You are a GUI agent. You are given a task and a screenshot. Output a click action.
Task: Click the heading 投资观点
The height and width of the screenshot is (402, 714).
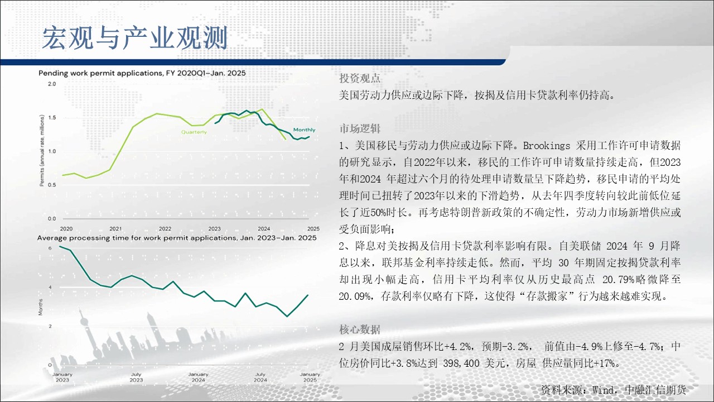pyautogui.click(x=360, y=78)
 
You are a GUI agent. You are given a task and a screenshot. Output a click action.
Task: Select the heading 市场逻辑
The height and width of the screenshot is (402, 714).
pyautogui.click(x=360, y=128)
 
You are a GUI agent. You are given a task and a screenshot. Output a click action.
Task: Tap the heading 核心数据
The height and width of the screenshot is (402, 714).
pyautogui.click(x=360, y=329)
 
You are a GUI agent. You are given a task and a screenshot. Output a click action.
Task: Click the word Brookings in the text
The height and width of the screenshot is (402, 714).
pyautogui.click(x=546, y=146)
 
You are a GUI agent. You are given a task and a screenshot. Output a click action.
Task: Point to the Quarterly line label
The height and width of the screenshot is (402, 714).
pyautogui.click(x=194, y=132)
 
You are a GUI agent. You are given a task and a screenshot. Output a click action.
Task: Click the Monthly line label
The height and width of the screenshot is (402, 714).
pyautogui.click(x=304, y=130)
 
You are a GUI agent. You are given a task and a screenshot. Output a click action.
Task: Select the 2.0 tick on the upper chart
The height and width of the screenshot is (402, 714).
pyautogui.click(x=52, y=84)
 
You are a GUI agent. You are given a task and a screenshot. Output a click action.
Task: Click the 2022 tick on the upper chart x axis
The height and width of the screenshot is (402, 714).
pyautogui.click(x=165, y=229)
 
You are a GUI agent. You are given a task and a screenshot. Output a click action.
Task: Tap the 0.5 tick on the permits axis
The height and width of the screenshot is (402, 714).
pyautogui.click(x=52, y=185)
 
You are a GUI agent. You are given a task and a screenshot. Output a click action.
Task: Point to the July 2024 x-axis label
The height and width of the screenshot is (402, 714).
pyautogui.click(x=260, y=377)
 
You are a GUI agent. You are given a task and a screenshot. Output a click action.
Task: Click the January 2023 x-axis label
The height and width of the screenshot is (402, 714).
pyautogui.click(x=62, y=377)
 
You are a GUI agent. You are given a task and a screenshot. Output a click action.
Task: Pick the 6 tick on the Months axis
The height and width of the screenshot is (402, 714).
pyautogui.click(x=50, y=248)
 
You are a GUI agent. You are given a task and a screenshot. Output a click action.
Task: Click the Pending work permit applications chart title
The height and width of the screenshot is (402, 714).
pyautogui.click(x=142, y=73)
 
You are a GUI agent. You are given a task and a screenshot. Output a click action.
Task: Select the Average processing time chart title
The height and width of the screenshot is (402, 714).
pyautogui.click(x=177, y=238)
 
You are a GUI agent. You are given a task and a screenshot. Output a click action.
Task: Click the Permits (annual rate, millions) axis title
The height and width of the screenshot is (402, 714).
pyautogui.click(x=42, y=151)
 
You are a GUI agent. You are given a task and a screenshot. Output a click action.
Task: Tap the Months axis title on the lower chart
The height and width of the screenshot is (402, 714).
pyautogui.click(x=41, y=307)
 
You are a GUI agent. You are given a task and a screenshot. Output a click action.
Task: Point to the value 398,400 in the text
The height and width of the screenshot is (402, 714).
pyautogui.click(x=461, y=363)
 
